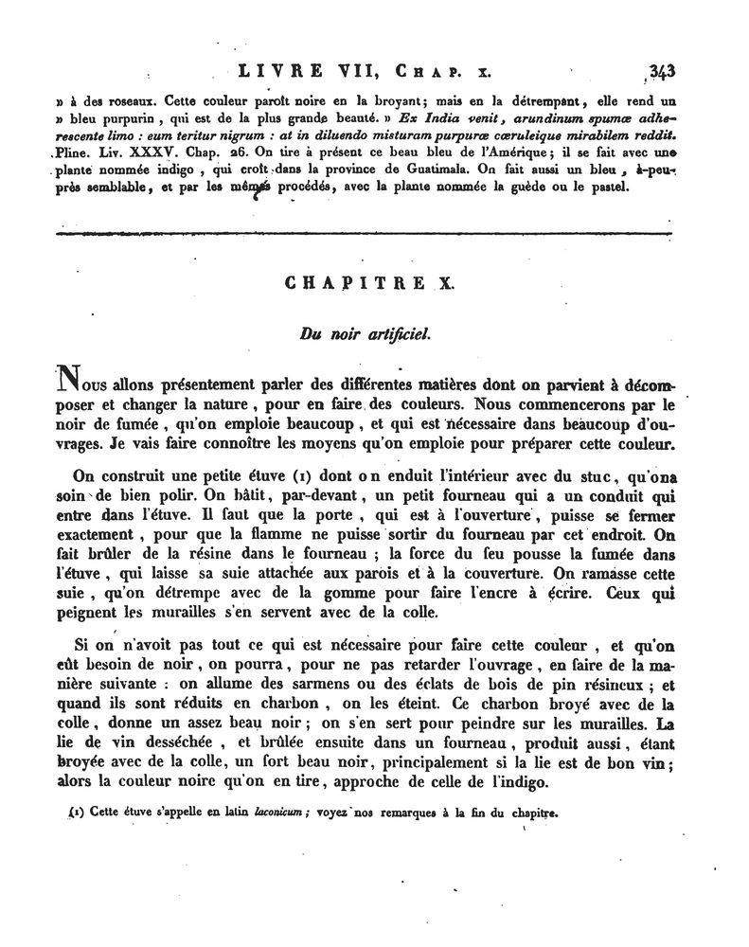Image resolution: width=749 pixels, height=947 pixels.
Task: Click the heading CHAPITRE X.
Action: pyautogui.click(x=375, y=282)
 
